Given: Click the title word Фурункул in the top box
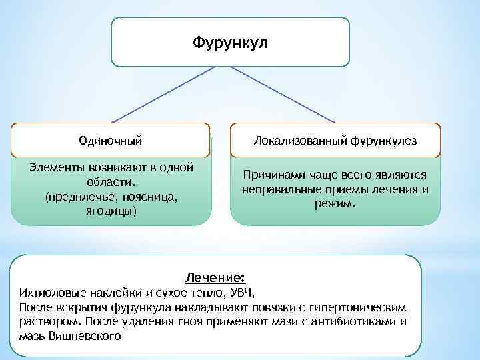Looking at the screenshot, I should [x=230, y=43].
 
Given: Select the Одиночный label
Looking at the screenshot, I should [x=111, y=141].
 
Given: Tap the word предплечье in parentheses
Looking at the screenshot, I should [x=73, y=197].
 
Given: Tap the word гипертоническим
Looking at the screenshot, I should [x=365, y=307].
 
